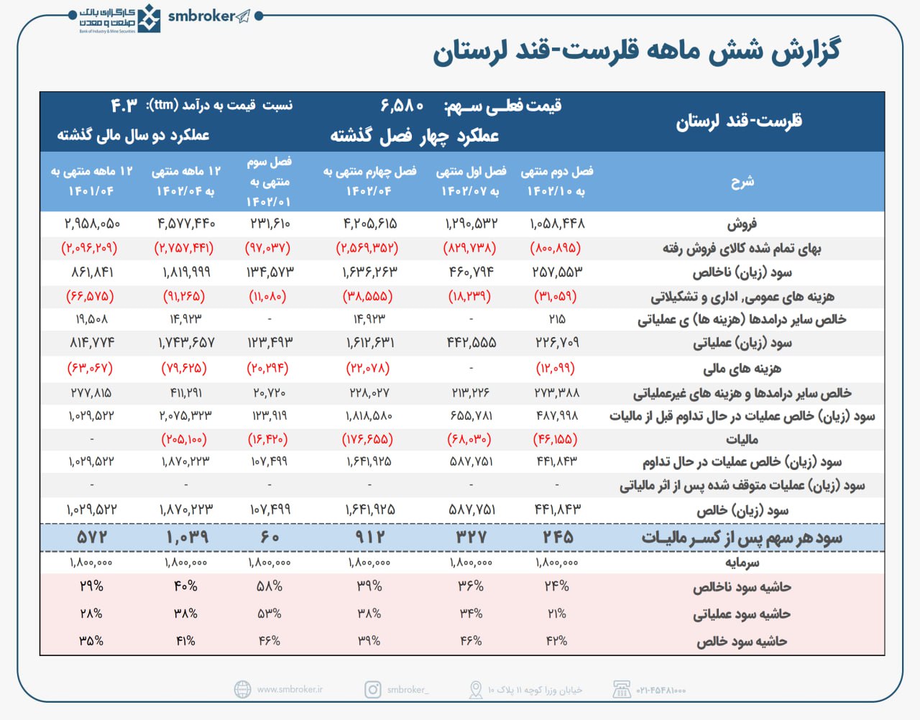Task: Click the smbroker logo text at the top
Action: pyautogui.click(x=201, y=16)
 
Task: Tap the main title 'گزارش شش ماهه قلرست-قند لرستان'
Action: pyautogui.click(x=636, y=52)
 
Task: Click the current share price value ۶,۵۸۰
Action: pyautogui.click(x=402, y=106)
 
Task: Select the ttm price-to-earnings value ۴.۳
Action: pyautogui.click(x=124, y=106)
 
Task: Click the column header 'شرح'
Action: pyautogui.click(x=742, y=181)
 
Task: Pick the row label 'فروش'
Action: pyautogui.click(x=742, y=224)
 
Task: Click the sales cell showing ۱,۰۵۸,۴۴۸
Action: pyautogui.click(x=557, y=223)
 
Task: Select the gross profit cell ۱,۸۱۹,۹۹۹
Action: pyautogui.click(x=185, y=272)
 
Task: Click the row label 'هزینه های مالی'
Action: pyautogui.click(x=742, y=369)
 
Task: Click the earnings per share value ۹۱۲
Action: pyautogui.click(x=369, y=537)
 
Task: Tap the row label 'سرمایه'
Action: pyautogui.click(x=742, y=562)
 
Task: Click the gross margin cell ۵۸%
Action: pyautogui.click(x=270, y=586)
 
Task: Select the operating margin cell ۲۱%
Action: pyautogui.click(x=557, y=613)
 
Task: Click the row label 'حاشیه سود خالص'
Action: pyautogui.click(x=742, y=641)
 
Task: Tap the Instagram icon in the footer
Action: pyautogui.click(x=373, y=689)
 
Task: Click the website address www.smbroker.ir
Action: pyautogui.click(x=290, y=689)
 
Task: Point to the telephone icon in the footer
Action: pyautogui.click(x=622, y=689)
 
